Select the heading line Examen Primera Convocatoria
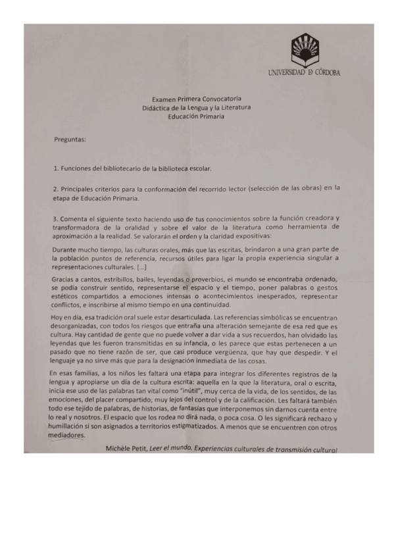click(197, 97)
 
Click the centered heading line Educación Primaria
click(196, 116)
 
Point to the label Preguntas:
click(70, 139)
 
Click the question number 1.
click(55, 168)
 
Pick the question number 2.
click(55, 189)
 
